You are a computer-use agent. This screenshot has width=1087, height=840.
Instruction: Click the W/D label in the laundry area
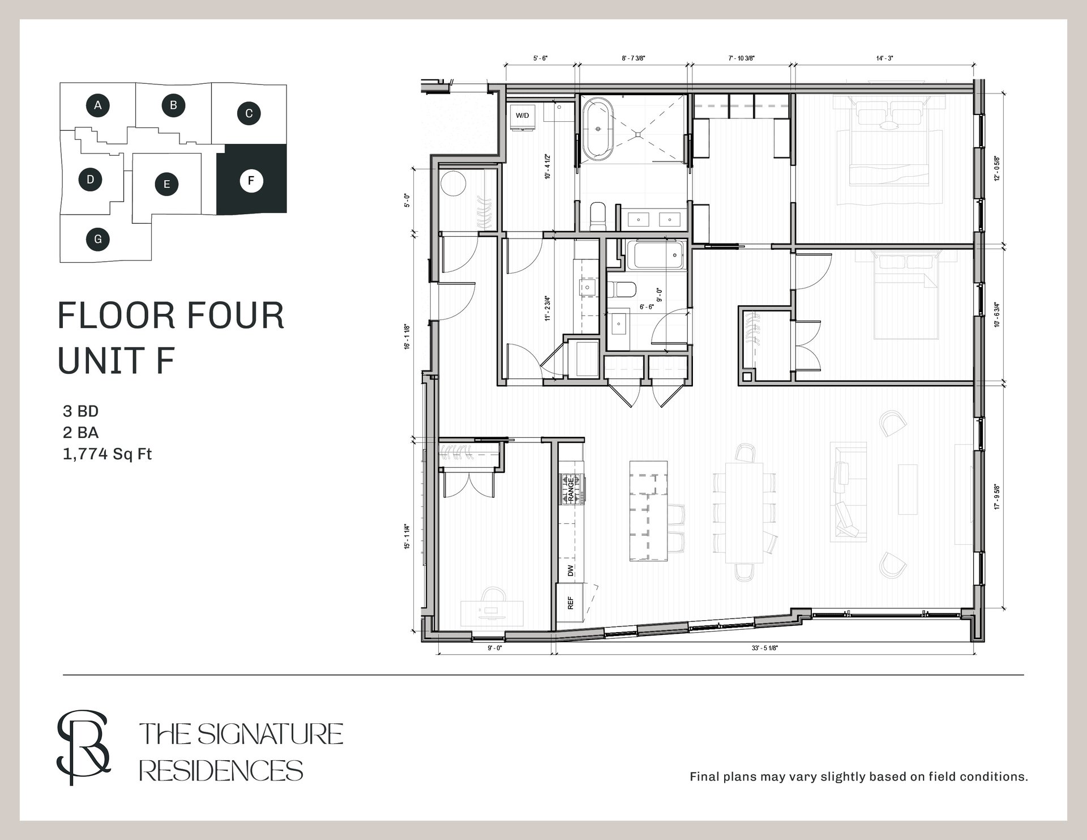522,116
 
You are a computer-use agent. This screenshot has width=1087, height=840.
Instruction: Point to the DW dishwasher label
570,570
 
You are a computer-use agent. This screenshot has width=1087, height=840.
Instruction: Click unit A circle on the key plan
98,105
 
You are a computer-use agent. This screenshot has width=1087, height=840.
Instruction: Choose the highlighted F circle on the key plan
251,181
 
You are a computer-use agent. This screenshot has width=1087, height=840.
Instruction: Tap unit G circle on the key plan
98,239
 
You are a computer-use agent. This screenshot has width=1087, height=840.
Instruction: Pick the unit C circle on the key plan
249,113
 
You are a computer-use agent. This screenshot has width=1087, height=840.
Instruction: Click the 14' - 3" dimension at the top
884,58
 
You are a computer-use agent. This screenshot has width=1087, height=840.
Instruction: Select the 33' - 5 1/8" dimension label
765,649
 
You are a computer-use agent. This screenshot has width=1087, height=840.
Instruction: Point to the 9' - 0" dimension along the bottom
495,649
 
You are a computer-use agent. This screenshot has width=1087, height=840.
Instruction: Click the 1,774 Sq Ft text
108,454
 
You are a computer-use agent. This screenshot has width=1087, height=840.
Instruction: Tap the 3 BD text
81,411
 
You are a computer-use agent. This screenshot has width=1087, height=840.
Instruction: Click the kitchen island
649,511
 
